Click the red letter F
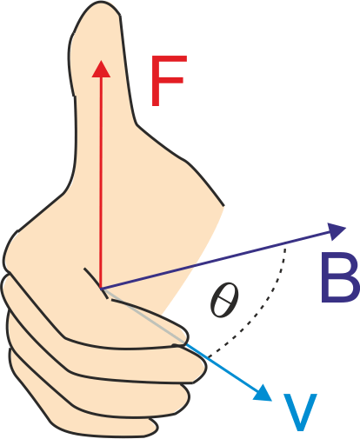(168, 80)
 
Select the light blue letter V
(300, 412)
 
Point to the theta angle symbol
(224, 299)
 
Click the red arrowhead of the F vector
(101, 69)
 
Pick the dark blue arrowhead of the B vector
(337, 231)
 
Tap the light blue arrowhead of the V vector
(263, 394)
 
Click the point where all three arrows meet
(101, 288)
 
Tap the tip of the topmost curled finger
(189, 336)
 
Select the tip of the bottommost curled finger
(157, 428)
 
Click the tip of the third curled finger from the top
(190, 398)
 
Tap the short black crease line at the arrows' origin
(96, 283)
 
